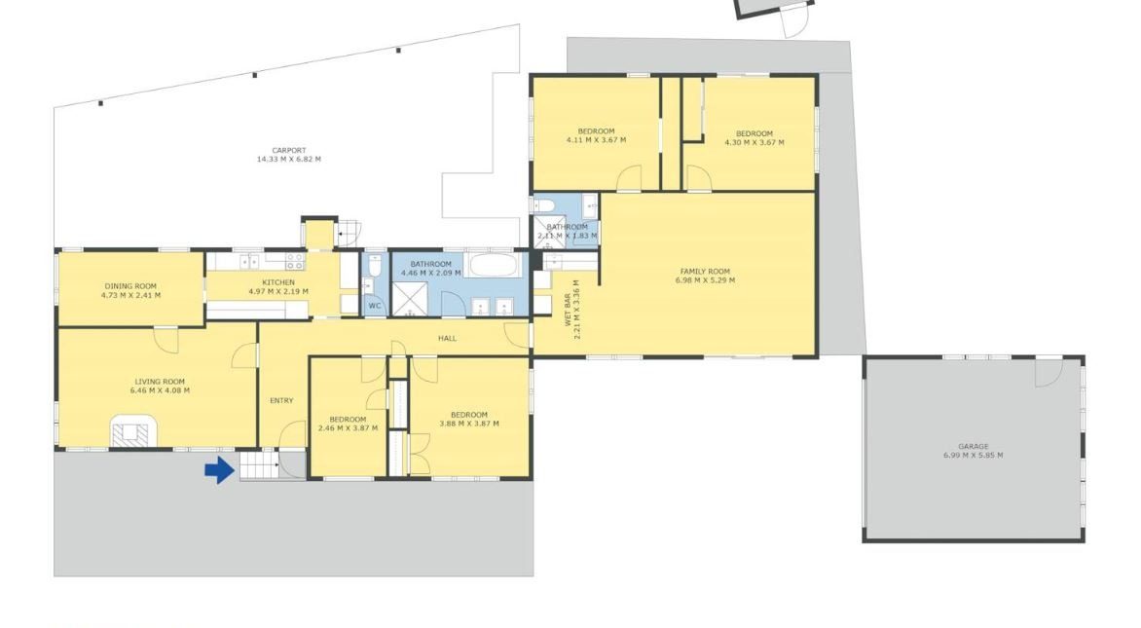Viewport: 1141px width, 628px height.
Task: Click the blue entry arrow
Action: tap(220, 470)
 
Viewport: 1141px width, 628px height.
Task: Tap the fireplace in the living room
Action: tap(134, 430)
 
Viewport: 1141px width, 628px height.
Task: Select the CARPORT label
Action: tap(289, 151)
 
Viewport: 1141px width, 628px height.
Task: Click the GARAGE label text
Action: tap(973, 446)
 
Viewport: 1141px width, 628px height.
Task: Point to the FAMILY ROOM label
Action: tap(705, 272)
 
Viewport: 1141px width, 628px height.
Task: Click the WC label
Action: tap(374, 306)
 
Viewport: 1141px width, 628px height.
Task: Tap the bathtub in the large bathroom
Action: tap(495, 265)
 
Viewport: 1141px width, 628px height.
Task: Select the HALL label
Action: tap(447, 339)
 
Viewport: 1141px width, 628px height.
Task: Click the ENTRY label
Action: tap(281, 401)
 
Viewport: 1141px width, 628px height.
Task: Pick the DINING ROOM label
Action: tap(130, 286)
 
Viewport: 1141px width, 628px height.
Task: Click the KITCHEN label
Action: tap(278, 282)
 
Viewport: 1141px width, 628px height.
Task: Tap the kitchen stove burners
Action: tap(295, 261)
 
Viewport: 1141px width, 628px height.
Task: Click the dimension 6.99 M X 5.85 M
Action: tap(973, 456)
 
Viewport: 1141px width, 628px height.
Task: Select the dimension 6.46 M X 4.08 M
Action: tap(160, 390)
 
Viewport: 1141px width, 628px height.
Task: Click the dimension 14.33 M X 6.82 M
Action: tap(289, 160)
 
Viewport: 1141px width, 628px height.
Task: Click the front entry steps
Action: tap(259, 465)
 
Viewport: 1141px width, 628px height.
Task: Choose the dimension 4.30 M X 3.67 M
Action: tap(755, 142)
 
